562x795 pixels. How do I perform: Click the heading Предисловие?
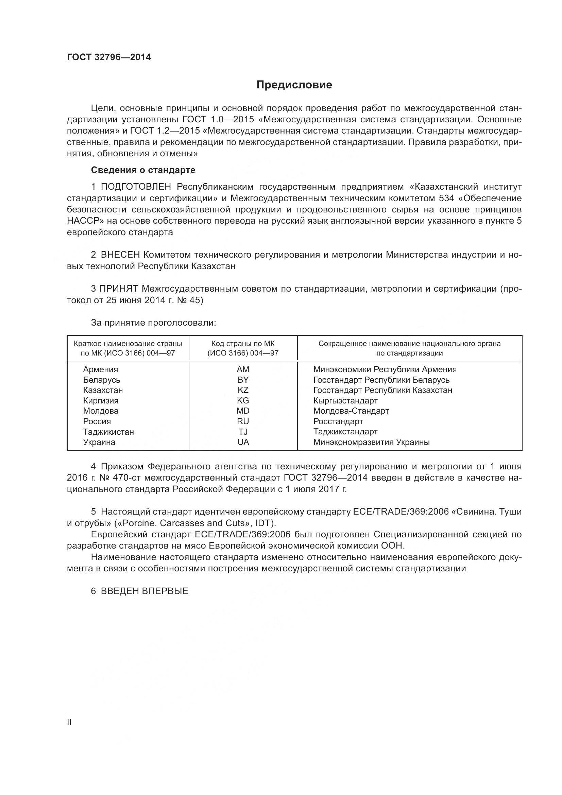click(x=294, y=85)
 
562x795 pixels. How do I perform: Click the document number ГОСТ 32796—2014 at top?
click(x=109, y=57)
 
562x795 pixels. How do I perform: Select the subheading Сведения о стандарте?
click(x=143, y=170)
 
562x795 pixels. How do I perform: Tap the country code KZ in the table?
click(x=243, y=390)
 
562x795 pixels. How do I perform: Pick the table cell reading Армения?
click(x=100, y=369)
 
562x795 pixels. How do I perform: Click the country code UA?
click(x=243, y=442)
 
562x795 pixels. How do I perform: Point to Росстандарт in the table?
click(x=338, y=421)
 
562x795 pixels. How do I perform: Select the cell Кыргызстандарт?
click(x=345, y=401)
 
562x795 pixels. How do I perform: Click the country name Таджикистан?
click(x=108, y=432)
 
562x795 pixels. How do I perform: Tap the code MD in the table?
click(x=243, y=411)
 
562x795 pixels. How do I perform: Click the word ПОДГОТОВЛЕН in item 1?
click(x=136, y=187)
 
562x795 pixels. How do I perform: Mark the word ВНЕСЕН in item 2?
click(x=120, y=255)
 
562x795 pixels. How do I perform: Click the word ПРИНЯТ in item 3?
click(x=119, y=289)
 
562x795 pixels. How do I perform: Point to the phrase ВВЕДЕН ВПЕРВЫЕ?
click(x=144, y=591)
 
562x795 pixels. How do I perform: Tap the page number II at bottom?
click(x=69, y=722)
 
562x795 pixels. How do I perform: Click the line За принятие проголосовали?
click(x=153, y=323)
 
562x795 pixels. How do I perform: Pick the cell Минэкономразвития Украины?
click(x=371, y=442)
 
